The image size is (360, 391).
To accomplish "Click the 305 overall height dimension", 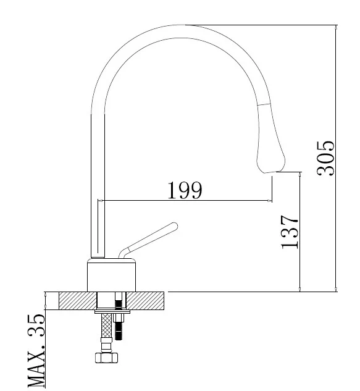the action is click(325, 158).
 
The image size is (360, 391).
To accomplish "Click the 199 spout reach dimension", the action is click(185, 190).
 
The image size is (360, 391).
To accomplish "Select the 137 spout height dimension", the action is click(290, 232).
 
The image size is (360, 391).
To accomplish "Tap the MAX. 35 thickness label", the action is click(36, 350).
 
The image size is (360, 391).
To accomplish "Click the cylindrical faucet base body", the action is click(111, 275).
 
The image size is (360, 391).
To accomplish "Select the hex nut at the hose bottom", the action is click(106, 358).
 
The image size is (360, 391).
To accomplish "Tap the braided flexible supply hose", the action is click(106, 326).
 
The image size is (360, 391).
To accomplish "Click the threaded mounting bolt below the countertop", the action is click(119, 326).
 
